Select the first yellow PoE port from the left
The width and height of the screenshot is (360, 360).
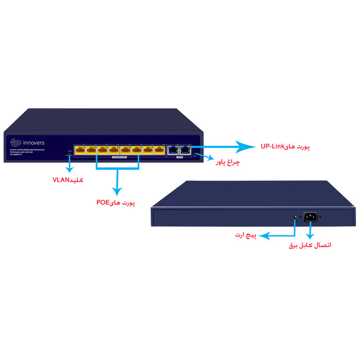tap(80, 150)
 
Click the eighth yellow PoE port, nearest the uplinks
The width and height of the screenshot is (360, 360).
tap(160, 150)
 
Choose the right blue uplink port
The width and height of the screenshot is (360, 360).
tap(184, 150)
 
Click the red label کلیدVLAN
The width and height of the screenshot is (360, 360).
tap(68, 180)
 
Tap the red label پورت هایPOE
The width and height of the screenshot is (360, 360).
tap(115, 204)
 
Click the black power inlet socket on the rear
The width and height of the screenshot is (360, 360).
tap(310, 217)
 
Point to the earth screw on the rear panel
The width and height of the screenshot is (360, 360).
tap(295, 217)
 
